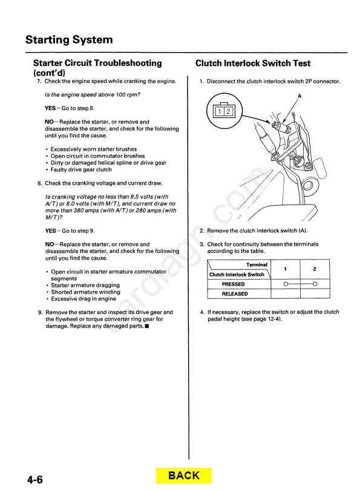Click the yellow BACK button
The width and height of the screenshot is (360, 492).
184,476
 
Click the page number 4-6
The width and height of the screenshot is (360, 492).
35,480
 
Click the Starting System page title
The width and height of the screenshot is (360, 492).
69,40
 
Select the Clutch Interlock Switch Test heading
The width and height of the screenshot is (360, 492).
253,64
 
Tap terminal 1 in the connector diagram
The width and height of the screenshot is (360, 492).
220,111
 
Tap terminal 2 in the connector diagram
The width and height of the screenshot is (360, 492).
228,111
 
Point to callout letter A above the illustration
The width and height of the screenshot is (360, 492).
299,96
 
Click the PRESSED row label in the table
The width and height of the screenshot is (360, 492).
234,284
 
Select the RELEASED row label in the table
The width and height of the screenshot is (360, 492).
235,294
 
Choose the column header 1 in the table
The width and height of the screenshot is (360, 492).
286,269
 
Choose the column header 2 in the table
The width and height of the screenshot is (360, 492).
315,269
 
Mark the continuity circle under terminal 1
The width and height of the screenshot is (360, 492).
286,284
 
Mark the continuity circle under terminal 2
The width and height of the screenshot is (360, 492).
315,284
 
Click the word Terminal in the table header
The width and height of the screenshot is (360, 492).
257,265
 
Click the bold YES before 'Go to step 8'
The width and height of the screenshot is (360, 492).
50,108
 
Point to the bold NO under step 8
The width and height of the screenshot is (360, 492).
50,244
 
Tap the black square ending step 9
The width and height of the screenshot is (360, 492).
147,326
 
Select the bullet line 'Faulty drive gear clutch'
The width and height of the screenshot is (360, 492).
81,170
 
